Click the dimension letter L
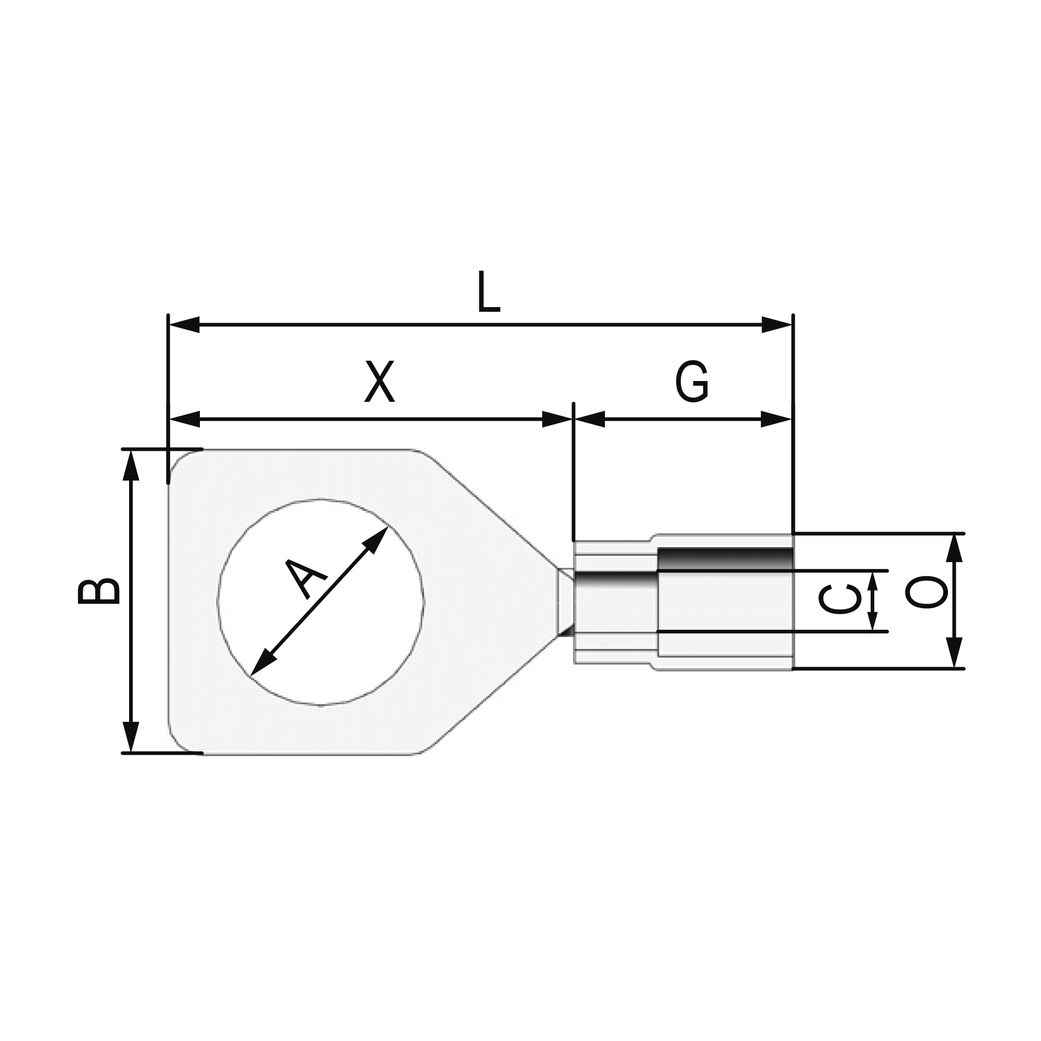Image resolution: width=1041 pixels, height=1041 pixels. pos(489,293)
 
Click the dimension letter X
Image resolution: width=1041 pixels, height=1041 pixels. pos(379,382)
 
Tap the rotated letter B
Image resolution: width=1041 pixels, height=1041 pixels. pos(98,592)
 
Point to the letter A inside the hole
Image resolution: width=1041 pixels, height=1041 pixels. pos(306,579)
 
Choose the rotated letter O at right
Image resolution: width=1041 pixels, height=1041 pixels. pos(925,592)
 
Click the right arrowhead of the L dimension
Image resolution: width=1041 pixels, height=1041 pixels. pos(777,325)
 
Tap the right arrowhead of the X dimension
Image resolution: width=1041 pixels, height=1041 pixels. pos(557,419)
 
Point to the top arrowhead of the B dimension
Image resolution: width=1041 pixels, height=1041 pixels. pos(131,465)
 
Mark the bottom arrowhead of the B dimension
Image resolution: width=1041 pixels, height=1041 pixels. pos(131,736)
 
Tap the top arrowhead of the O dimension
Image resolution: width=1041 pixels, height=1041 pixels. pos(954,549)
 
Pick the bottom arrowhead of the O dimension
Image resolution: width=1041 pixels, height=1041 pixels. pos(954,652)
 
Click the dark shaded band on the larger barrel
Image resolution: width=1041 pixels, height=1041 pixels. pos(725,558)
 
